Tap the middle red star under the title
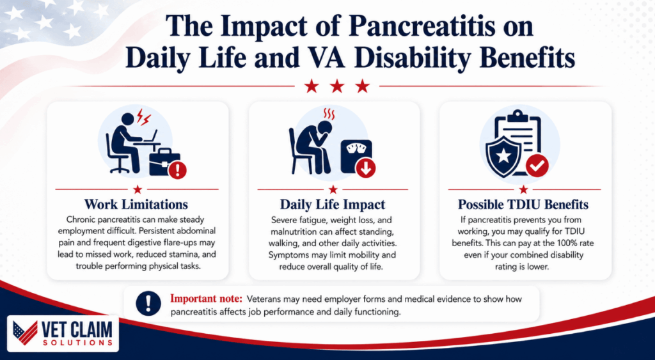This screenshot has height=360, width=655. point(337,86)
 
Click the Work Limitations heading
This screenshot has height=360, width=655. point(136,205)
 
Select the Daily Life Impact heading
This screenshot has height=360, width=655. point(333,205)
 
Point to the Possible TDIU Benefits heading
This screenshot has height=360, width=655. point(523,205)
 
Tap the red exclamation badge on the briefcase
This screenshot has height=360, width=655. point(178,170)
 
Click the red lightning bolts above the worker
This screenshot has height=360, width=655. point(143,117)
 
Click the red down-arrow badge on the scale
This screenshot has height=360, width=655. point(365,168)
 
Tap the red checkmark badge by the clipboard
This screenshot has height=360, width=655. point(537,167)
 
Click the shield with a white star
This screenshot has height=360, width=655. point(503,156)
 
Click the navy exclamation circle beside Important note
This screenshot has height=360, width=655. point(148,303)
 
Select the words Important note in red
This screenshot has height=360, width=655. point(206,299)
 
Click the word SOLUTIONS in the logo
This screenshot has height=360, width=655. point(77,343)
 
